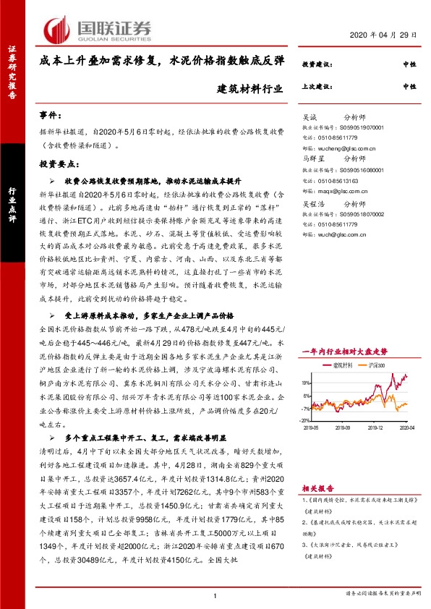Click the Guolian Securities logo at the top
click(x=98, y=29)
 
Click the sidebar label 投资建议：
click(x=316, y=64)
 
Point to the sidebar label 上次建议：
click(x=316, y=86)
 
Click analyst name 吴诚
click(x=310, y=116)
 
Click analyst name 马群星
click(x=313, y=156)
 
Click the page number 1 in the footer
click(x=215, y=595)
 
